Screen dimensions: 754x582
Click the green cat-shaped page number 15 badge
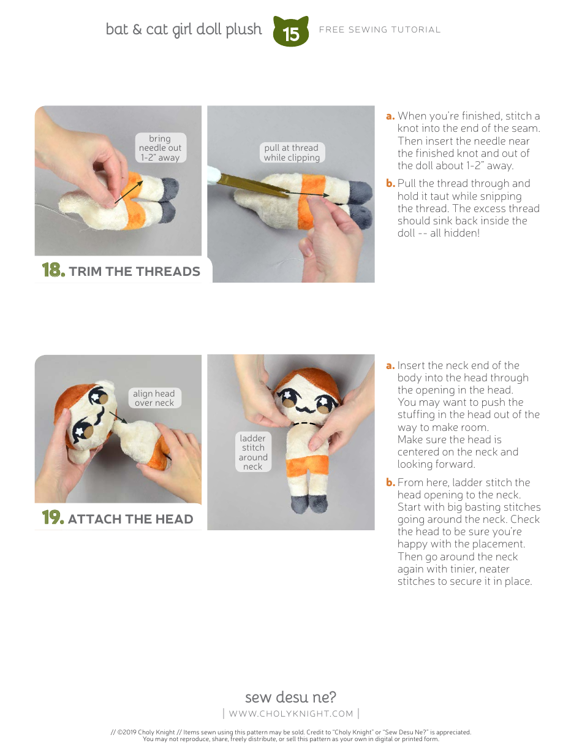pyautogui.click(x=291, y=32)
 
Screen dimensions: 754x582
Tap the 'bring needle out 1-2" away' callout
pyautogui.click(x=160, y=148)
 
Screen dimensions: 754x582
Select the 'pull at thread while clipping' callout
pyautogui.click(x=292, y=153)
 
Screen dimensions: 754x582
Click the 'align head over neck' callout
pyautogui.click(x=154, y=398)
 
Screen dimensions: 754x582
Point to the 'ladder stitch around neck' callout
pyautogui.click(x=253, y=452)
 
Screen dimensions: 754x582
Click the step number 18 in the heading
pyautogui.click(x=53, y=270)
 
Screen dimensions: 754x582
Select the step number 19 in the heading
pyautogui.click(x=53, y=518)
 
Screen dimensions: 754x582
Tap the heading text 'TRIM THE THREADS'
pyautogui.click(x=135, y=272)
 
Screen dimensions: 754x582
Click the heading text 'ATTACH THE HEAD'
pyautogui.click(x=130, y=519)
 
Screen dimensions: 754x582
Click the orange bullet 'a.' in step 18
pyautogui.click(x=390, y=116)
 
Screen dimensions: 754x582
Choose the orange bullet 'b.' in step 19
pyautogui.click(x=390, y=482)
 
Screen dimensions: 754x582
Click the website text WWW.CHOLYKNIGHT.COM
pyautogui.click(x=291, y=713)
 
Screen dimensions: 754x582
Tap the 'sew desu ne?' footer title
pyautogui.click(x=290, y=697)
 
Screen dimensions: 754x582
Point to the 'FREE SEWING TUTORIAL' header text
pyautogui.click(x=380, y=29)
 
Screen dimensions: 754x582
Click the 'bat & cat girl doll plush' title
pyautogui.click(x=184, y=29)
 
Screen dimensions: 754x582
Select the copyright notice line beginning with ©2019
pyautogui.click(x=291, y=732)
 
